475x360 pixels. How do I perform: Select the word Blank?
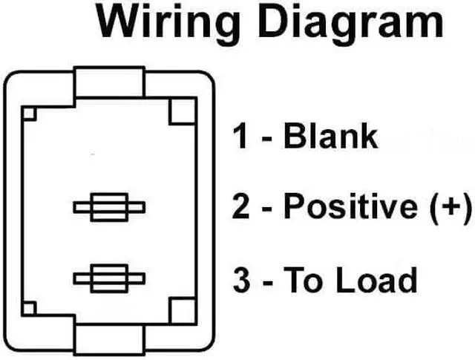pyautogui.click(x=331, y=137)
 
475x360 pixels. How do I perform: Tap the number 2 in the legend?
pyautogui.click(x=240, y=206)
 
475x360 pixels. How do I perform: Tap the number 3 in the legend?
pyautogui.click(x=240, y=281)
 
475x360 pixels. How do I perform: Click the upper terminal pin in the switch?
pyautogui.click(x=108, y=207)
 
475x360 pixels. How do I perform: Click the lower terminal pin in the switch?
pyautogui.click(x=108, y=278)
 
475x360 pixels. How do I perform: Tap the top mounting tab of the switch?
pyautogui.click(x=108, y=84)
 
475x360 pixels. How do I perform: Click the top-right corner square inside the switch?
pyautogui.click(x=183, y=111)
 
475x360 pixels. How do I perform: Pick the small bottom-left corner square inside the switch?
pyautogui.click(x=30, y=308)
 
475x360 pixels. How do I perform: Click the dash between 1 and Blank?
pyautogui.click(x=266, y=139)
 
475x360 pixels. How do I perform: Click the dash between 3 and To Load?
pyautogui.click(x=267, y=282)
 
